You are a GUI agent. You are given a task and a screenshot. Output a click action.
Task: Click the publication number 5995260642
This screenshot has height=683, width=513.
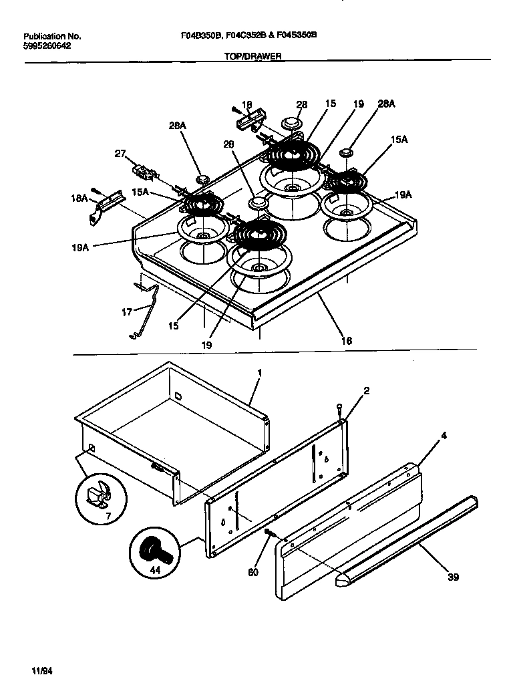tap(47, 45)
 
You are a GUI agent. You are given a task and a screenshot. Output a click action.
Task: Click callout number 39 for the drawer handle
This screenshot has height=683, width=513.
tap(453, 577)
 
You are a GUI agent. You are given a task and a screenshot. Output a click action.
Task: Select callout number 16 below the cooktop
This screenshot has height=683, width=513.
tap(346, 341)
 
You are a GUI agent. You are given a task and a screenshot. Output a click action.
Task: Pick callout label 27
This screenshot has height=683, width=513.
tap(120, 154)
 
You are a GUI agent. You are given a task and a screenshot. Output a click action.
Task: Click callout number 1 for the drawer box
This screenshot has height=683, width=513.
tap(259, 372)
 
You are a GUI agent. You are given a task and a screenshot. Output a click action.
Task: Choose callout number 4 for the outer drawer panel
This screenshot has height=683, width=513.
tap(444, 435)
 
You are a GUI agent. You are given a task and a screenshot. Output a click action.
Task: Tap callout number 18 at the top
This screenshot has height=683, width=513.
tap(246, 104)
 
